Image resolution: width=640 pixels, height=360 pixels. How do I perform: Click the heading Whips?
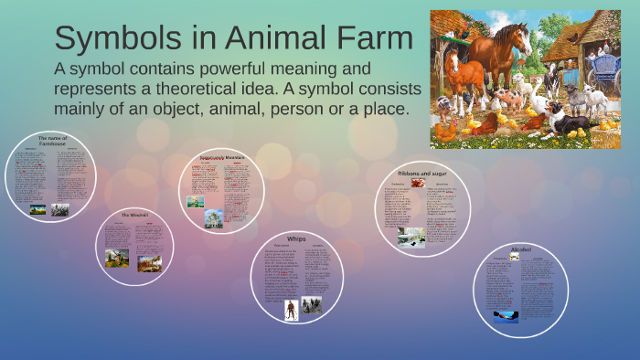[x=296, y=238]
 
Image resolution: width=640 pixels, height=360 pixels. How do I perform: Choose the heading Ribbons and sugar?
[x=422, y=173]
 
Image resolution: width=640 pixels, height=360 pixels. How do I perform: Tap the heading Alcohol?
[x=521, y=249]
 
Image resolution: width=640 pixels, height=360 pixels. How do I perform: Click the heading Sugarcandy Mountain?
[x=222, y=158]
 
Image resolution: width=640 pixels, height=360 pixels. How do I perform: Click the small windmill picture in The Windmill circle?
[x=117, y=258]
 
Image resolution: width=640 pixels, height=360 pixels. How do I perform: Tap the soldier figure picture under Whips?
[x=291, y=309]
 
